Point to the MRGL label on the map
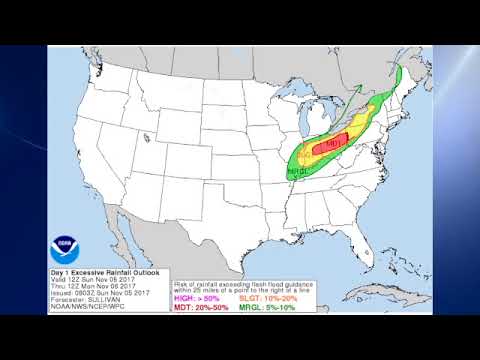[298, 172]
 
